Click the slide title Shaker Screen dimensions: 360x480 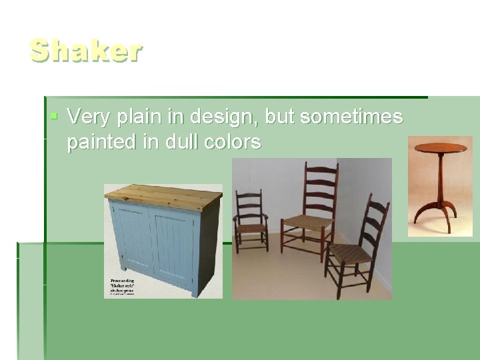pos(85,51)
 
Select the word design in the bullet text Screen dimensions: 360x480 pos(222,118)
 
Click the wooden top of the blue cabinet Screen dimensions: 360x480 pos(163,194)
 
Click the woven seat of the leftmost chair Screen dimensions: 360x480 pos(251,227)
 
